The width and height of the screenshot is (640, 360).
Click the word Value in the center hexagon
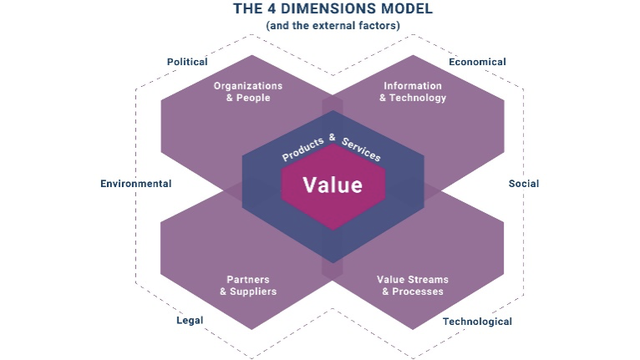pyautogui.click(x=333, y=185)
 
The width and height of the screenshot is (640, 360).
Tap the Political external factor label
pyautogui.click(x=187, y=62)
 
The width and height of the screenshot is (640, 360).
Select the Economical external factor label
pyautogui.click(x=477, y=62)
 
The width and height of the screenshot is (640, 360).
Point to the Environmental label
pyautogui.click(x=136, y=184)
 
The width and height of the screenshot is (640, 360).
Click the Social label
pyautogui.click(x=524, y=184)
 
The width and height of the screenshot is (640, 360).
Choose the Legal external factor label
pyautogui.click(x=190, y=321)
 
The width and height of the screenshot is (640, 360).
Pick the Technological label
pyautogui.click(x=477, y=322)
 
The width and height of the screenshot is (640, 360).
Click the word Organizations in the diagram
pyautogui.click(x=248, y=86)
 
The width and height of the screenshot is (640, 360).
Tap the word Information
pyautogui.click(x=413, y=86)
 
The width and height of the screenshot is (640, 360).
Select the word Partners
pyautogui.click(x=248, y=280)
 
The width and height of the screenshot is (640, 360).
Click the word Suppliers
pyautogui.click(x=253, y=292)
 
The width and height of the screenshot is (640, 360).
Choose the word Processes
pyautogui.click(x=418, y=292)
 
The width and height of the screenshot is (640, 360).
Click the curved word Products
pyautogui.click(x=303, y=149)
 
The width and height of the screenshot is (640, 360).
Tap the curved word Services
pyautogui.click(x=361, y=150)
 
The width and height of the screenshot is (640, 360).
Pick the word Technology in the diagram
pyautogui.click(x=418, y=98)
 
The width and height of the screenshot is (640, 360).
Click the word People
pyautogui.click(x=253, y=98)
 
